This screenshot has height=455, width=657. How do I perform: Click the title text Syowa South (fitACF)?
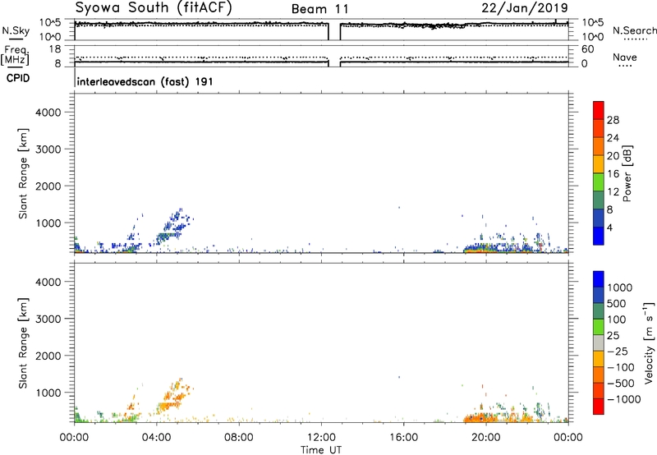(x=154, y=7)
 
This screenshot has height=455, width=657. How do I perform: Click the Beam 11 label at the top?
(x=319, y=9)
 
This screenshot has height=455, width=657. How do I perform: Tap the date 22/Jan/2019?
(x=525, y=8)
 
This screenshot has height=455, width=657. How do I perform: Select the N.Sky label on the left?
(x=16, y=30)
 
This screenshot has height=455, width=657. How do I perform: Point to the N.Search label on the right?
(x=634, y=30)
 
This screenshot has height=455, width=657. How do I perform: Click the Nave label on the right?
(x=625, y=57)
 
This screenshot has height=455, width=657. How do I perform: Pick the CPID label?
(x=18, y=78)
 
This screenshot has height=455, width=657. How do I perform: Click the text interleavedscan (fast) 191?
(x=145, y=81)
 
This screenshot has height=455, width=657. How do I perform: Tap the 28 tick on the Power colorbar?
(x=613, y=120)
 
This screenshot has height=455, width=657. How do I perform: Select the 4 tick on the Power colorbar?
(x=609, y=227)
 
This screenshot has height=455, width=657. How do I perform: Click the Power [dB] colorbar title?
(x=627, y=173)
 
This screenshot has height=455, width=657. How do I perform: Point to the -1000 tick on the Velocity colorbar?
(x=623, y=399)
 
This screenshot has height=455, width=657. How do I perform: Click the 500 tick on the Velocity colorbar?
(x=617, y=304)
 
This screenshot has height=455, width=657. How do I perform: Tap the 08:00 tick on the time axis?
(x=239, y=438)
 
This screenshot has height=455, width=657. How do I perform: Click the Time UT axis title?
(x=321, y=450)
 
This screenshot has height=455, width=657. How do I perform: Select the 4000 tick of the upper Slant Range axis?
(x=48, y=113)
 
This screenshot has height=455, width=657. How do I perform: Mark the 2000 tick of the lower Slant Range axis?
(x=48, y=356)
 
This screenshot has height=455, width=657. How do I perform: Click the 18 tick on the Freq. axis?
(x=55, y=49)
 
